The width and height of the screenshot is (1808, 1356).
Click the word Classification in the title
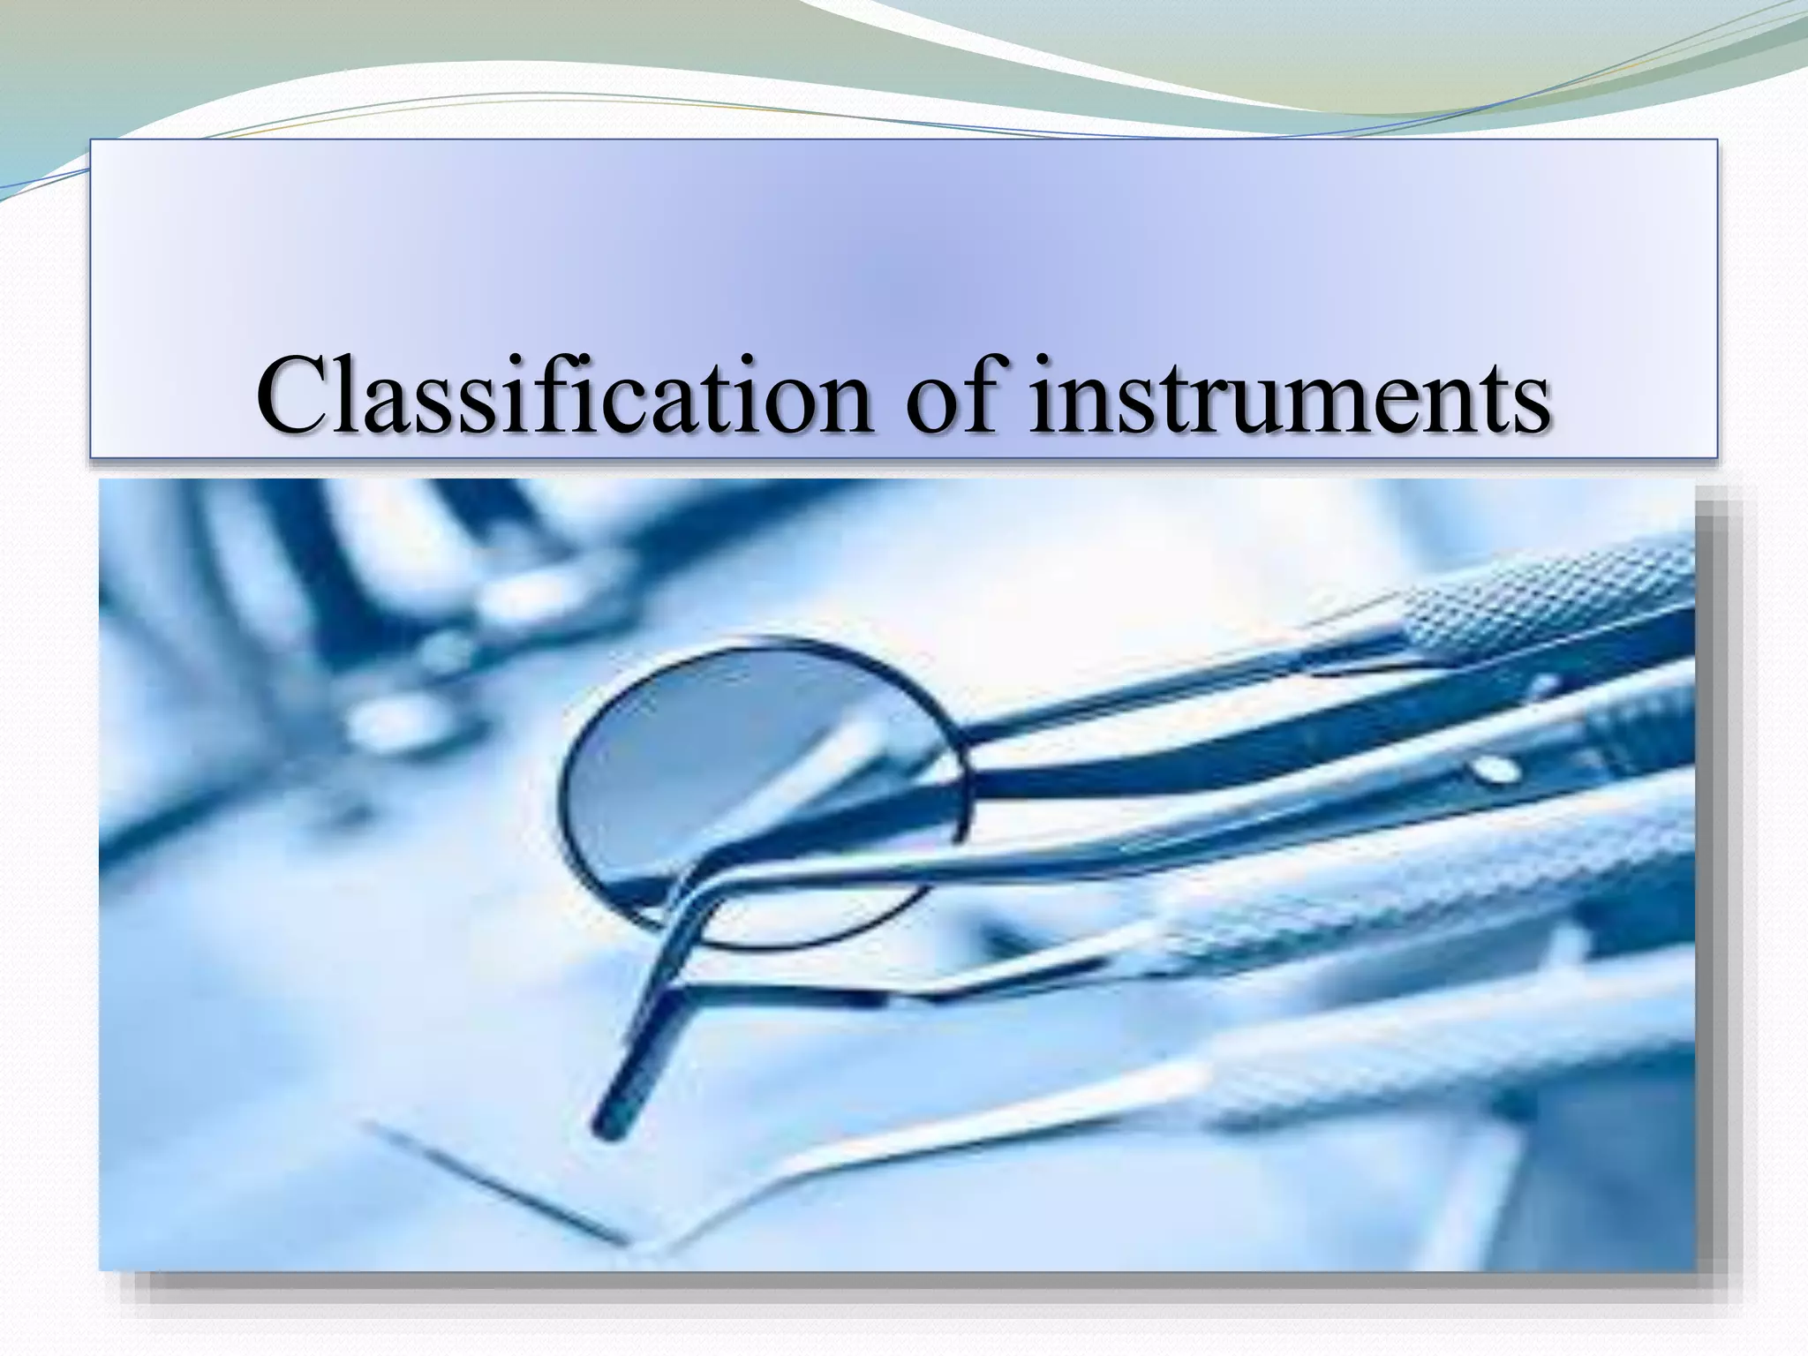coord(564,395)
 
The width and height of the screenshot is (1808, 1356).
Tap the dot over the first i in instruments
coord(1043,359)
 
